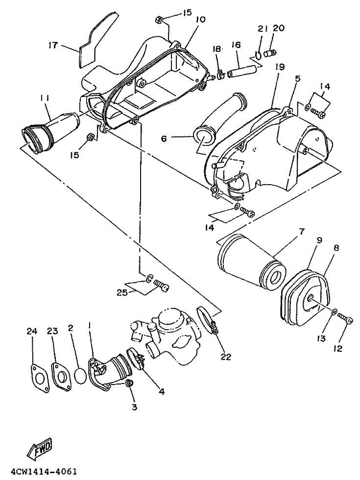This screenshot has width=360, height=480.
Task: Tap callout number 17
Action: pyautogui.click(x=53, y=46)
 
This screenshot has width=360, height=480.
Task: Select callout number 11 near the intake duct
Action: pyautogui.click(x=45, y=98)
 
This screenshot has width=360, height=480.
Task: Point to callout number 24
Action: pyautogui.click(x=32, y=331)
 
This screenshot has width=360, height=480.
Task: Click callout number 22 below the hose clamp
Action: pyautogui.click(x=226, y=357)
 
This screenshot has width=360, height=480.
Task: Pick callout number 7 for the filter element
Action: pyautogui.click(x=302, y=232)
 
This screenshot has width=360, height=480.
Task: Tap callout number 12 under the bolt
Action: pyautogui.click(x=337, y=348)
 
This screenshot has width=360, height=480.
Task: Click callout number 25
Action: pyautogui.click(x=122, y=293)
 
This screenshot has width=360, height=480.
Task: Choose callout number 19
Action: pyautogui.click(x=280, y=67)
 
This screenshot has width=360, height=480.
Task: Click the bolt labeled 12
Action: pyautogui.click(x=345, y=318)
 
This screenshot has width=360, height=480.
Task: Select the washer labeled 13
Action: pyautogui.click(x=334, y=312)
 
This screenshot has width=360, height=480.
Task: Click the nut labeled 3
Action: pyautogui.click(x=129, y=383)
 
